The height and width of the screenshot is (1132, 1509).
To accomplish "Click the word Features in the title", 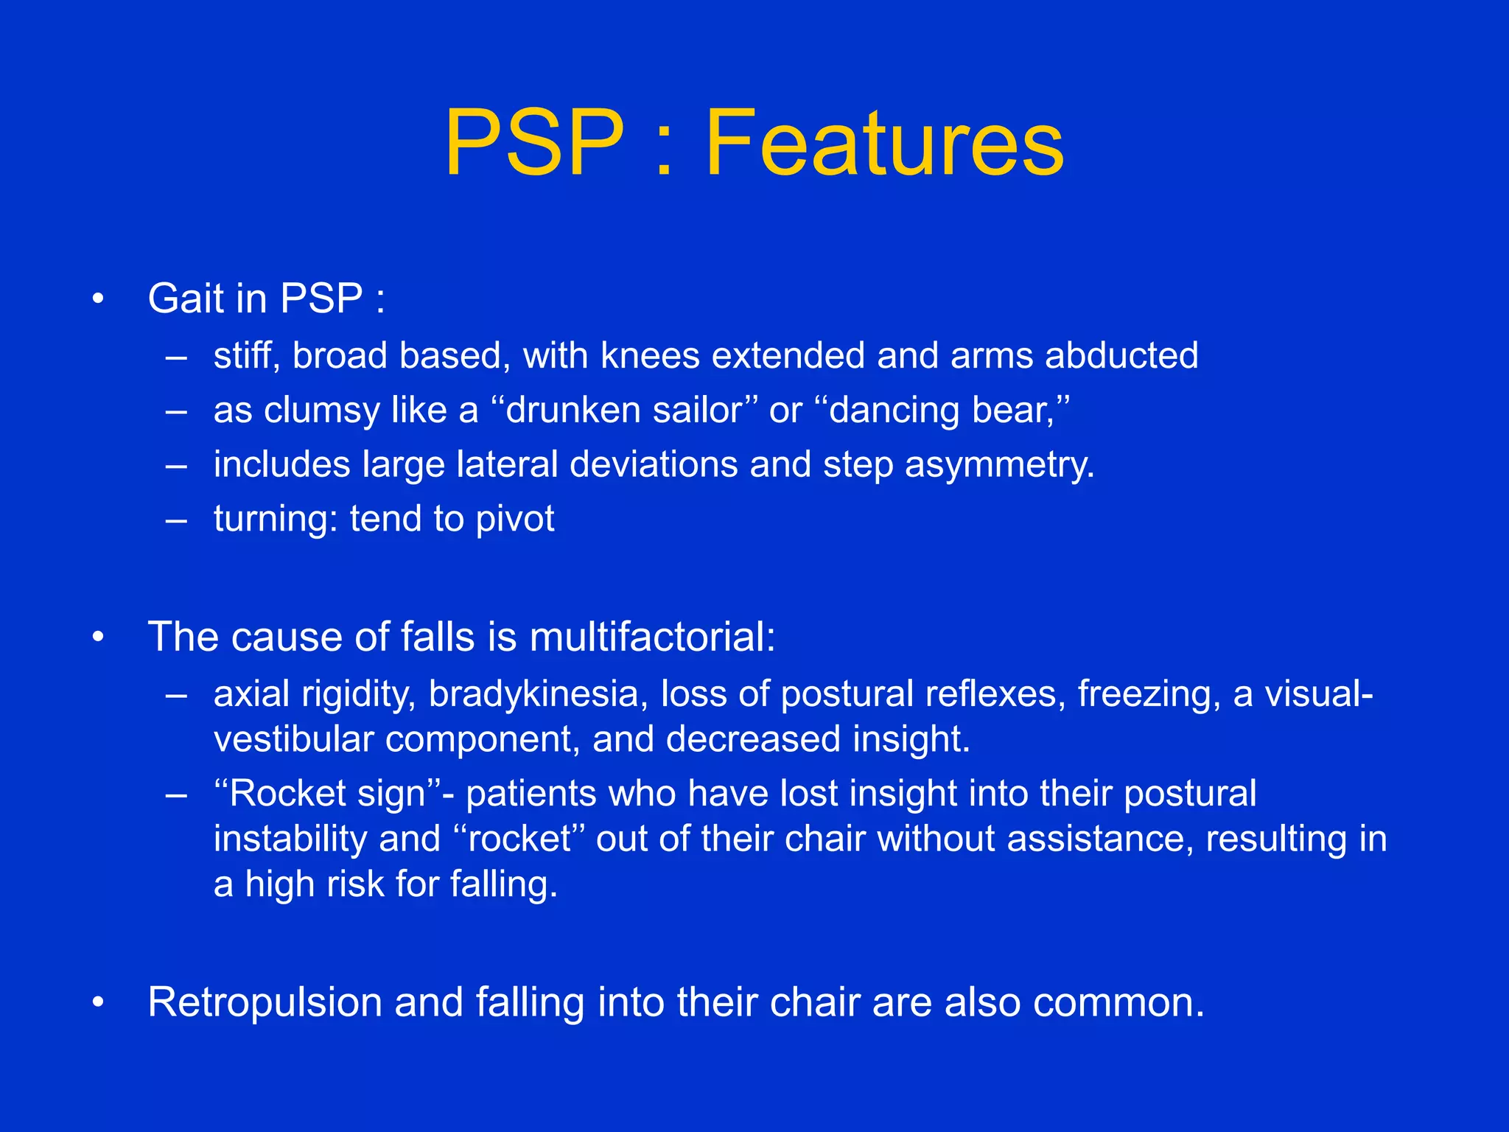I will coord(884,143).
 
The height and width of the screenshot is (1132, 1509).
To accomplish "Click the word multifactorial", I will coord(652,637).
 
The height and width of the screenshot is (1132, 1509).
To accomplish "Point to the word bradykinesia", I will coord(533,694).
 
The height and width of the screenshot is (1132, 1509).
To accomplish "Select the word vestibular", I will coord(293,739).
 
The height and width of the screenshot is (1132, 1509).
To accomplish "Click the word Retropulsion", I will coord(265,1002).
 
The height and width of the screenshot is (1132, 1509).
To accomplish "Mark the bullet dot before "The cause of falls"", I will coord(98,637).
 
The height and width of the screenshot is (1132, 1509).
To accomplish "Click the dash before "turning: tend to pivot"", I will coord(176,520).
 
